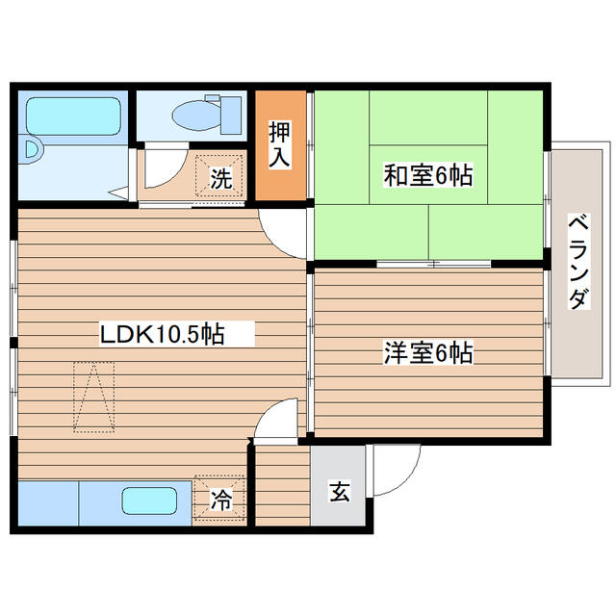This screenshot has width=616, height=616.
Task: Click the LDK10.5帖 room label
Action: [x=163, y=334]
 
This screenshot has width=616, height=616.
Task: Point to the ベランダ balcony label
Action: [x=577, y=261]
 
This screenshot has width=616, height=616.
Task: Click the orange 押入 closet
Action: [x=279, y=145]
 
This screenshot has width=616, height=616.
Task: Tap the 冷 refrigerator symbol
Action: [x=220, y=500]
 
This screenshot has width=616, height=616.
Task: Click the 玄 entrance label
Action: [x=339, y=491]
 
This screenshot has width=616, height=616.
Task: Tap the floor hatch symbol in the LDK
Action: [x=93, y=396]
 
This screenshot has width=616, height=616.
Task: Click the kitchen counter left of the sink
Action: [x=46, y=502]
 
